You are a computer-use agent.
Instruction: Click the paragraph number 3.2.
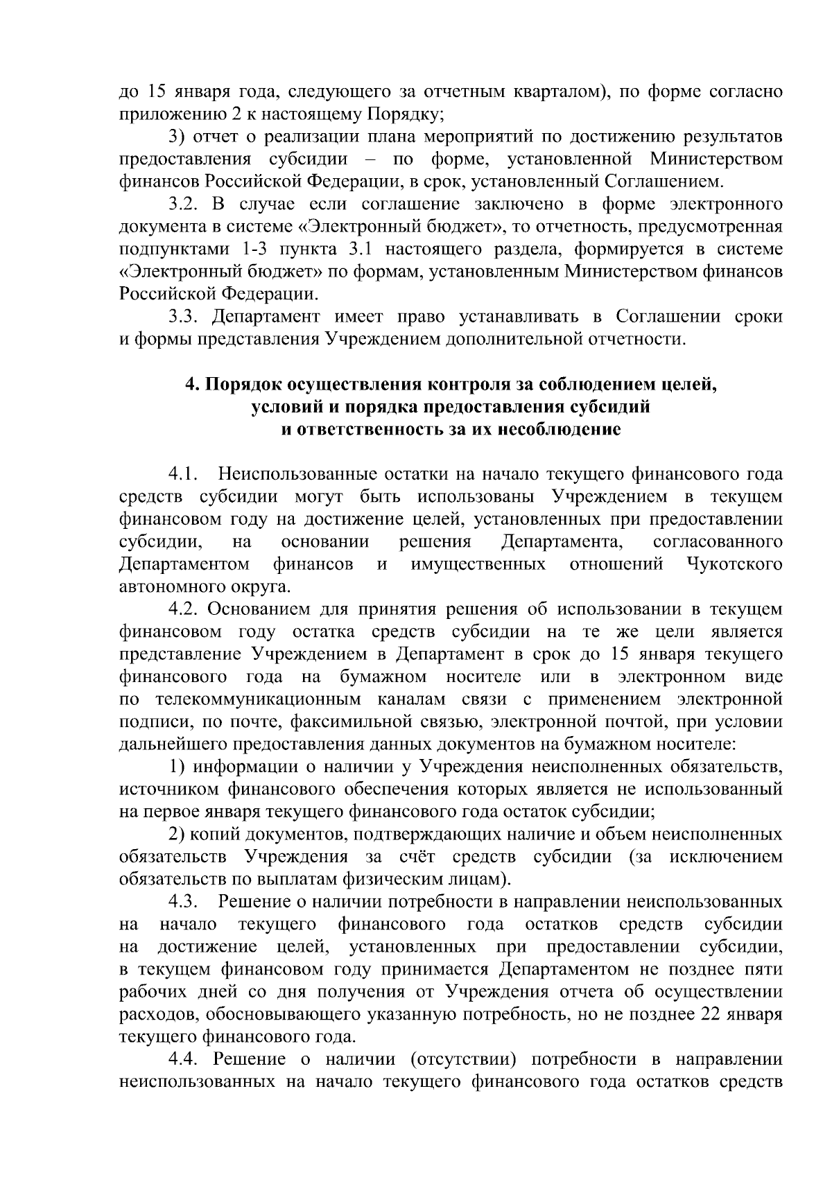(x=185, y=204)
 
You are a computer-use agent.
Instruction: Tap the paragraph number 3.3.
(x=185, y=317)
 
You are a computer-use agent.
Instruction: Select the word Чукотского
(x=735, y=564)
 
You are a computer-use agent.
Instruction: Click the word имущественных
(x=478, y=564)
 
